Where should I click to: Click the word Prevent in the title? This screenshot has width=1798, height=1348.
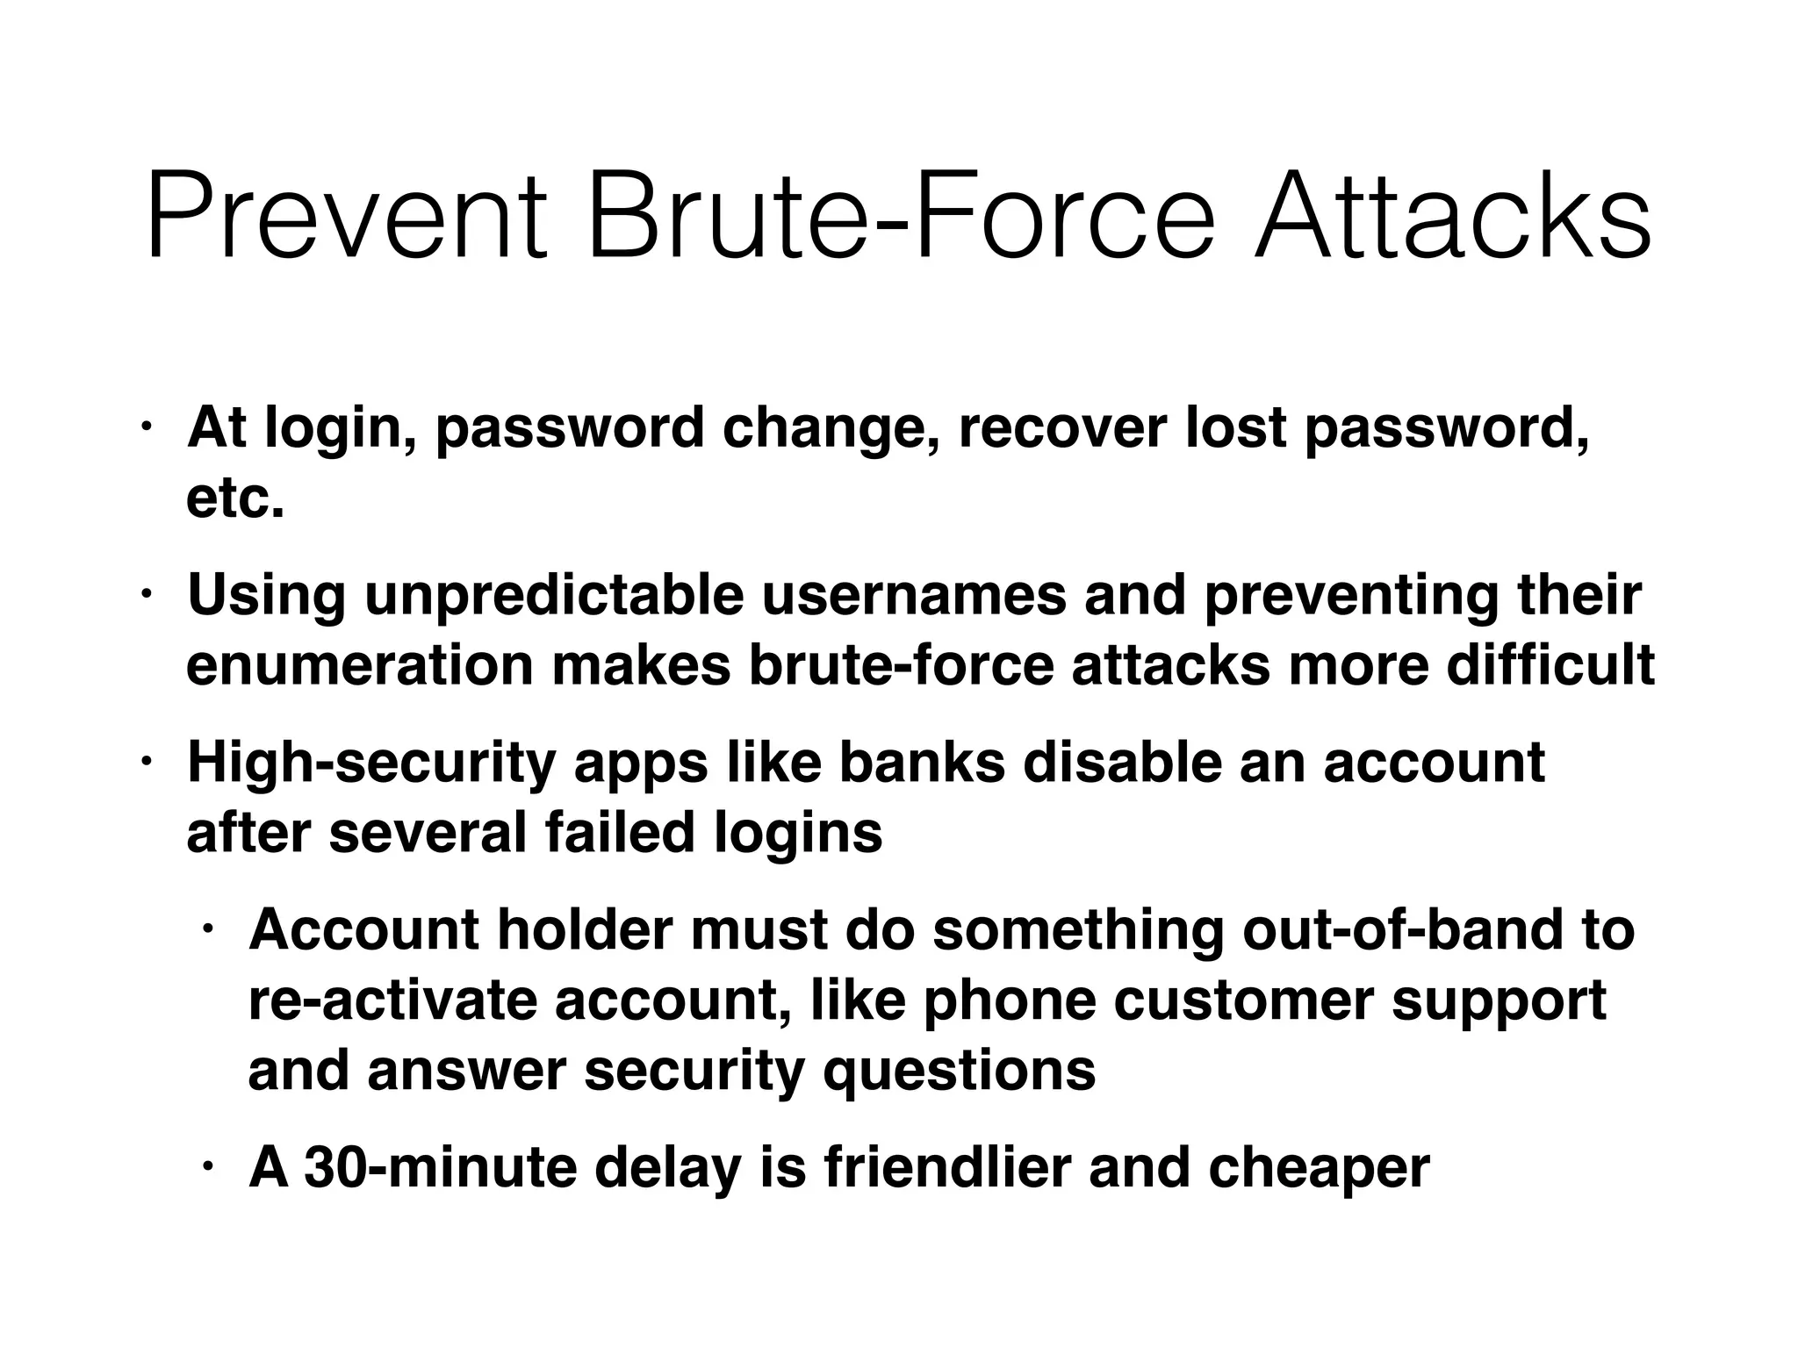point(346,217)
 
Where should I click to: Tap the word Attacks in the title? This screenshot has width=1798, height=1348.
point(1453,217)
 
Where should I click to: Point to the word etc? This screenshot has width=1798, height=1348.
point(235,498)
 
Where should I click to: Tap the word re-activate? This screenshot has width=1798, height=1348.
point(392,1000)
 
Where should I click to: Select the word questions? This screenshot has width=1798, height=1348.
point(959,1070)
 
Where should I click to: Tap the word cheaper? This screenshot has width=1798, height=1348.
point(1319,1167)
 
